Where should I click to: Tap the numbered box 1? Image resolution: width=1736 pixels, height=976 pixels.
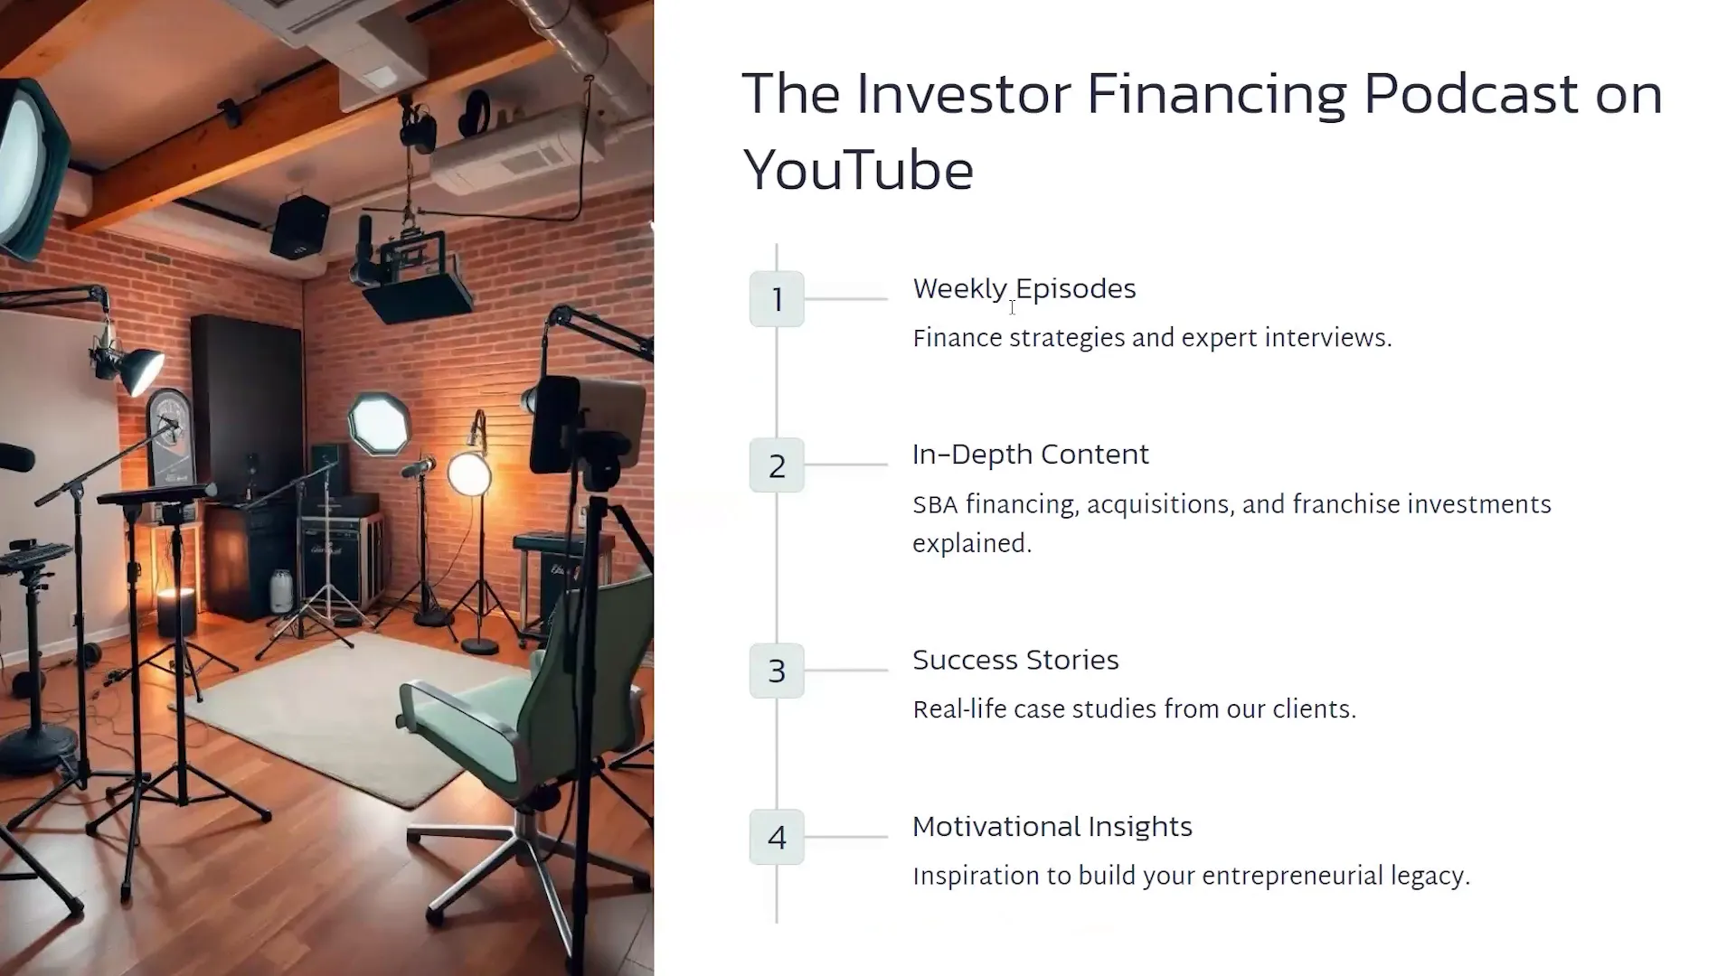tap(777, 299)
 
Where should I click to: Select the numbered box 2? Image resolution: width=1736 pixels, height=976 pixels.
tap(777, 465)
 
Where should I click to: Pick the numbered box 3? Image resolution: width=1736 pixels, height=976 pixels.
tap(777, 671)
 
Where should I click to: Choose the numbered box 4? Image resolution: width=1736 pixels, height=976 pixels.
tap(777, 837)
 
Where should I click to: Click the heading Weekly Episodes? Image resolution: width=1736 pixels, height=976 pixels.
tap(1024, 289)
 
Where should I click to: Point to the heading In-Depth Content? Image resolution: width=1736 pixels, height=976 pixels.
tap(1031, 455)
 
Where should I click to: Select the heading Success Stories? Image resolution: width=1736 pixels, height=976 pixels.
tap(1015, 660)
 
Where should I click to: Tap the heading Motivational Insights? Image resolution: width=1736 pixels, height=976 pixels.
tap(1052, 827)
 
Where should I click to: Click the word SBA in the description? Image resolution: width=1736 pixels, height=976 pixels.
tap(935, 505)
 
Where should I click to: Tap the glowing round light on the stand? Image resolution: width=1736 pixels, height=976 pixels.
tap(469, 474)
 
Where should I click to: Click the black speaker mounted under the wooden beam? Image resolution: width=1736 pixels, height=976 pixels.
tap(299, 227)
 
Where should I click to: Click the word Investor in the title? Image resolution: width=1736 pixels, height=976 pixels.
tap(964, 93)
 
